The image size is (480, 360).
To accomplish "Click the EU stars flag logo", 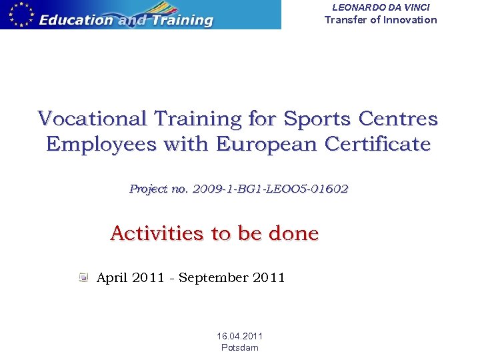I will tap(18, 14).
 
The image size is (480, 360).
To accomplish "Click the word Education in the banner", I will tap(76, 20).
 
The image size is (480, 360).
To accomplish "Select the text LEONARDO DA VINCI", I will tap(381, 7).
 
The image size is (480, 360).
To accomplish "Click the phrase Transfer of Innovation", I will tap(381, 19).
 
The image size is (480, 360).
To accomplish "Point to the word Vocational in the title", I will tap(93, 119).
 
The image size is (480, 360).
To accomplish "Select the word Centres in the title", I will tap(398, 119).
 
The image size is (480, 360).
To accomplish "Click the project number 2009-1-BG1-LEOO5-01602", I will tap(270, 189).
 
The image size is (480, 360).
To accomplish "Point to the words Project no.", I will tap(159, 189).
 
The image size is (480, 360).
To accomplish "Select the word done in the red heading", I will tap(293, 233).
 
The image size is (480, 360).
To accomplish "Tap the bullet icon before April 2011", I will tap(83, 277).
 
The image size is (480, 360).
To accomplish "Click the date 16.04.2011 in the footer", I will tap(240, 337).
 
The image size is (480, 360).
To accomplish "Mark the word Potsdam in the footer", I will tap(240, 347).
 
